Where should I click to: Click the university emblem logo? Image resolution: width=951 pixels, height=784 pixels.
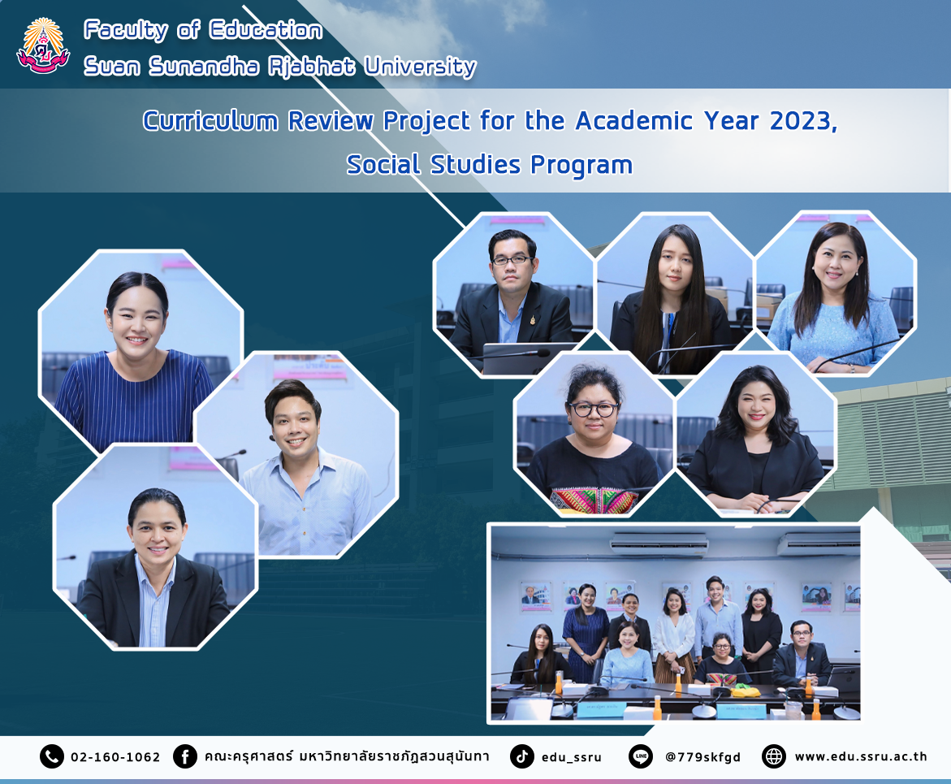(x=43, y=46)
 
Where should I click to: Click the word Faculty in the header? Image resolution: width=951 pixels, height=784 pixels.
(x=126, y=30)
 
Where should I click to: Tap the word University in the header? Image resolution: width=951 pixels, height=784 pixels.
(x=421, y=67)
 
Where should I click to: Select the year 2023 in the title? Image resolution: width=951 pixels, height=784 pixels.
(x=803, y=121)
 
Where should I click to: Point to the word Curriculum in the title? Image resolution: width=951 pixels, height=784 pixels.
(x=210, y=121)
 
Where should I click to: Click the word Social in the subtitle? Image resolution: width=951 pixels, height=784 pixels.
(x=383, y=164)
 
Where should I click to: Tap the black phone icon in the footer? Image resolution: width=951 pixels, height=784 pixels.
(x=51, y=756)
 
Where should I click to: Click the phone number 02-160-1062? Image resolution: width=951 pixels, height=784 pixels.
(x=115, y=757)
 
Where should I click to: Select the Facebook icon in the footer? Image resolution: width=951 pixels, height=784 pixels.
(x=185, y=756)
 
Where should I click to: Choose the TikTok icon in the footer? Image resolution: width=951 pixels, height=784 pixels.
(x=521, y=756)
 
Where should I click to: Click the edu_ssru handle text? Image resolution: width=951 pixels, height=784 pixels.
(x=571, y=757)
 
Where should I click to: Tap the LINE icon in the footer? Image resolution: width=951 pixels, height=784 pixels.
(x=641, y=756)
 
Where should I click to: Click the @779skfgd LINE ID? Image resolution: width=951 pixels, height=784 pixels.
(x=703, y=757)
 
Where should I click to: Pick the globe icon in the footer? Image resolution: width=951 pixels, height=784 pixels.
(x=774, y=756)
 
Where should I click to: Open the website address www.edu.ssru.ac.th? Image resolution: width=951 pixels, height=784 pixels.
(x=861, y=756)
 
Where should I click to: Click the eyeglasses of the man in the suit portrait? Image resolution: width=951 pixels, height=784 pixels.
(x=512, y=260)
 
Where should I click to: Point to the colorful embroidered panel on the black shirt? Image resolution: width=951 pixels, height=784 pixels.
(x=594, y=501)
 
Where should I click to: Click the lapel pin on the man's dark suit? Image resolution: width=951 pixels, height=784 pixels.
(x=532, y=319)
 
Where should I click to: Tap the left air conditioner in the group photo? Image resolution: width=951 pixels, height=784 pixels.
(x=658, y=543)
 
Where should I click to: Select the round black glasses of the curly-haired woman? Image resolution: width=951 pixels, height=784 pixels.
(x=593, y=409)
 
